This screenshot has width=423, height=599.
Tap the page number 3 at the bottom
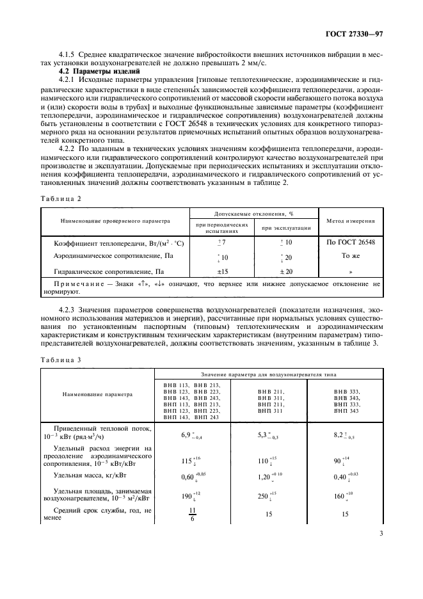(x=381, y=533)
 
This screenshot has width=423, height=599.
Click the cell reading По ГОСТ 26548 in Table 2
(x=351, y=243)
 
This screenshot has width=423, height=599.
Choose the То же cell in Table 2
(x=351, y=256)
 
